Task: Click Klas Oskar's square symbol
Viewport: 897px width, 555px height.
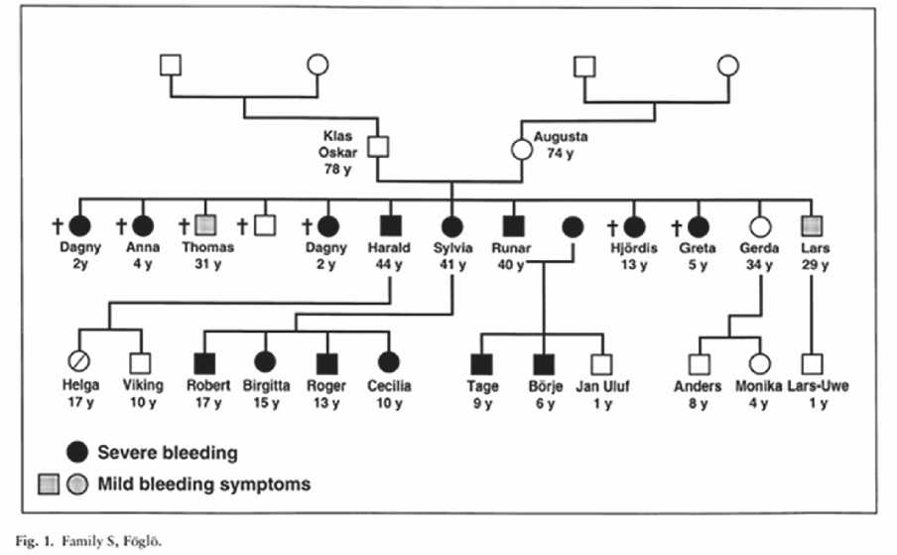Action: coord(377,149)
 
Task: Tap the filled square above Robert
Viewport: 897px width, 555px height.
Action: coord(207,364)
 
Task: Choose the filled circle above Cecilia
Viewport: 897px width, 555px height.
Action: coord(388,364)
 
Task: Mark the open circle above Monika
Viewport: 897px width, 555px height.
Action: coord(759,364)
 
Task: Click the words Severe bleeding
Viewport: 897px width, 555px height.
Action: coord(167,453)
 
